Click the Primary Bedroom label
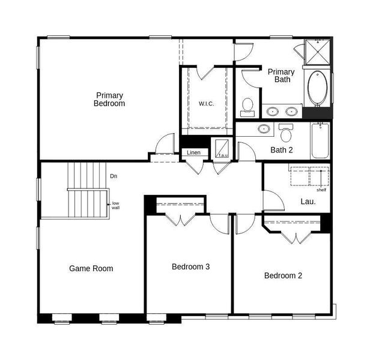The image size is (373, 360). [109, 99]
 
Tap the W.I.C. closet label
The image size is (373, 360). [206, 104]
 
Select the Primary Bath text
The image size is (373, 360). [281, 76]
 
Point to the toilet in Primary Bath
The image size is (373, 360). [247, 107]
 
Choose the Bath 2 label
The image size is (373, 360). [281, 150]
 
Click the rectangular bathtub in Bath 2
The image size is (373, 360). [320, 140]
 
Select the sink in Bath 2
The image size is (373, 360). [264, 128]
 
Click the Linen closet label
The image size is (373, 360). [193, 153]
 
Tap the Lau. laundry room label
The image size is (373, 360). [308, 202]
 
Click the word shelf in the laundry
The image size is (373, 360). [321, 190]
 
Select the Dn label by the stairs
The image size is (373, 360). [114, 176]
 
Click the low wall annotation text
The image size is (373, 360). [115, 206]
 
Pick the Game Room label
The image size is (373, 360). [91, 268]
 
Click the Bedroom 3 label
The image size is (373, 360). [190, 266]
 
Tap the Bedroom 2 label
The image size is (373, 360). [283, 275]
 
